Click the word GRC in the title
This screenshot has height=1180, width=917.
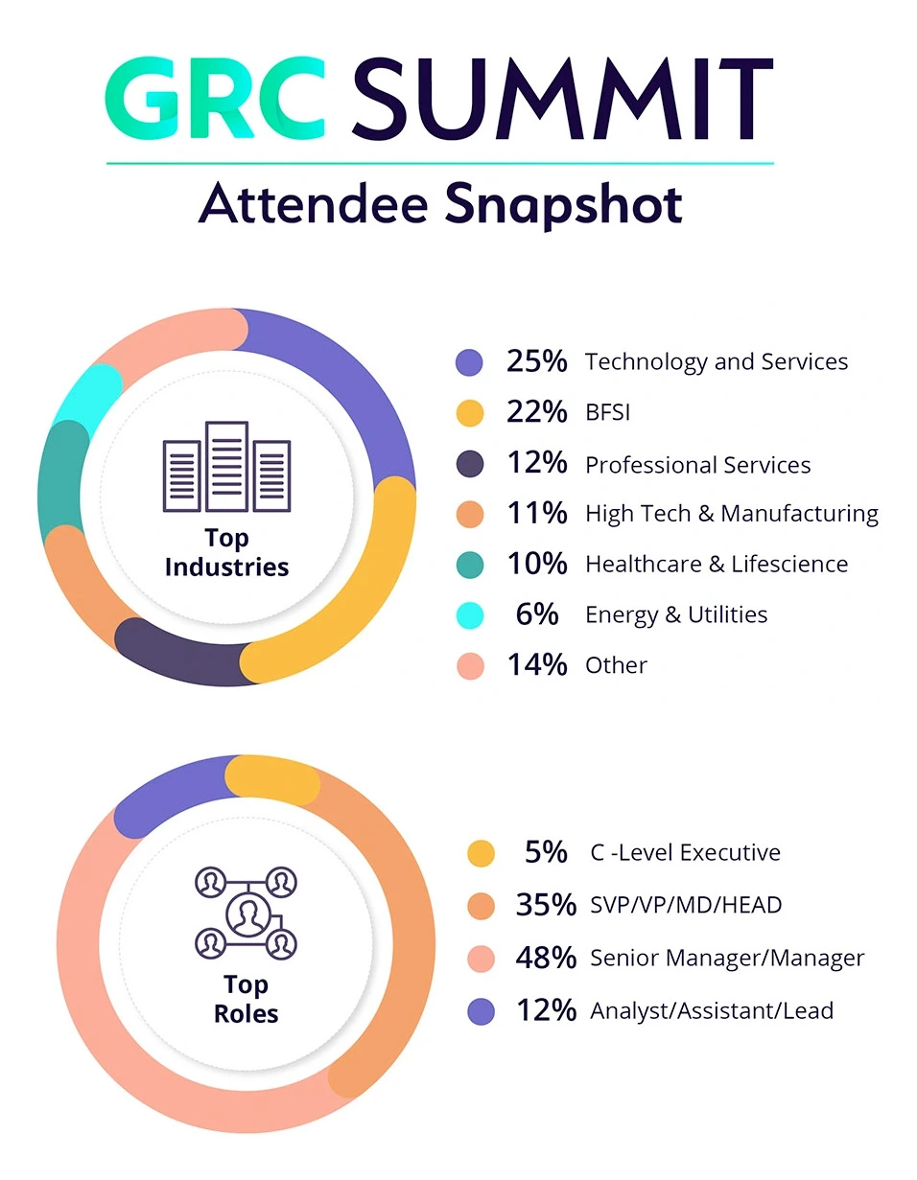(214, 101)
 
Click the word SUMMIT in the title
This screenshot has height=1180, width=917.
(561, 101)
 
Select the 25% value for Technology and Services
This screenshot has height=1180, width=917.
(537, 361)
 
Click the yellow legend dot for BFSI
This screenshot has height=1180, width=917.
(470, 413)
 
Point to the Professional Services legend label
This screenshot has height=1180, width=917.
(697, 465)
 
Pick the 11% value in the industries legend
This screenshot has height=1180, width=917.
(537, 514)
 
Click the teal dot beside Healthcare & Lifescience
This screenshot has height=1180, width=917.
(470, 565)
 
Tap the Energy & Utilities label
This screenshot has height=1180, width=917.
(676, 614)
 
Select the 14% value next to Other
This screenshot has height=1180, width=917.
(537, 665)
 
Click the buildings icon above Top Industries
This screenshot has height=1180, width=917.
(226, 468)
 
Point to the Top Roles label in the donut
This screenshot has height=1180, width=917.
(246, 999)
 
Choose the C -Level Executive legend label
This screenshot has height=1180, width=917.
(685, 852)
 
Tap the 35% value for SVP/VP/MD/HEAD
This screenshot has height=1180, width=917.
(546, 905)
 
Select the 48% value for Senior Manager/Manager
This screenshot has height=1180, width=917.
(546, 958)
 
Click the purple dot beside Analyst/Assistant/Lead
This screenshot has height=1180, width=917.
(481, 1011)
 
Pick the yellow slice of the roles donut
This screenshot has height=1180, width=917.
(271, 779)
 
